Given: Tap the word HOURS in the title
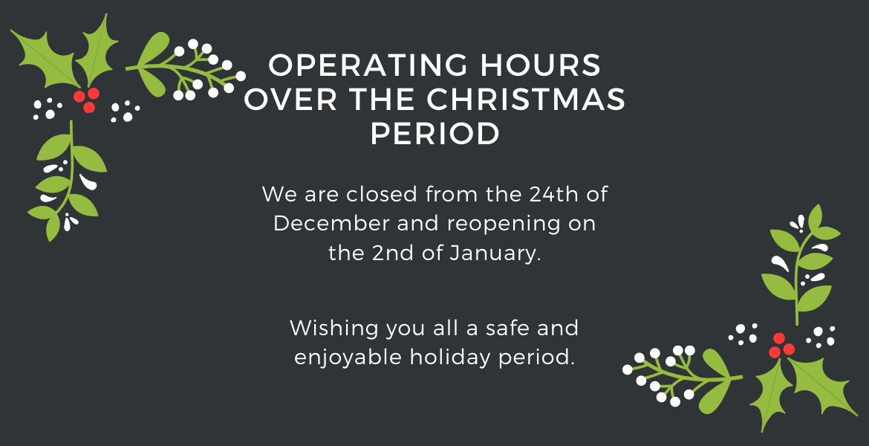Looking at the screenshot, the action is coord(541,65).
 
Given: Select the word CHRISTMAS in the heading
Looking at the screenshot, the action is coord(526,100).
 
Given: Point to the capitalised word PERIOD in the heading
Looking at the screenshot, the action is coord(435,134).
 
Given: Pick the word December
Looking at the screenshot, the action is coord(330,224).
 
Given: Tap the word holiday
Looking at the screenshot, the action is coord(449,358).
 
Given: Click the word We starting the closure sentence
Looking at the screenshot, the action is coord(279,194).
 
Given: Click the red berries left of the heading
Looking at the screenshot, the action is coord(86,100).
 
